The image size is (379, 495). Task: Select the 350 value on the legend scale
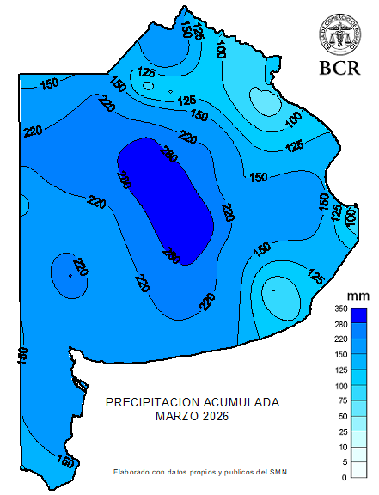point(340,309)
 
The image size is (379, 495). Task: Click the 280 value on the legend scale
point(340,324)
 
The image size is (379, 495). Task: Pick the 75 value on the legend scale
point(342,400)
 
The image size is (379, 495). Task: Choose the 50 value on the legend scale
point(342,416)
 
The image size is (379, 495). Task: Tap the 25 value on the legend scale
point(342,431)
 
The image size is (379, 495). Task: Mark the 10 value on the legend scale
point(342,447)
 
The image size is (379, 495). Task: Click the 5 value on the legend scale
point(344,462)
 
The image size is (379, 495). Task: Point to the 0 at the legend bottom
point(344,477)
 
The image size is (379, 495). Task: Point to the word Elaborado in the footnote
point(130,472)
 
